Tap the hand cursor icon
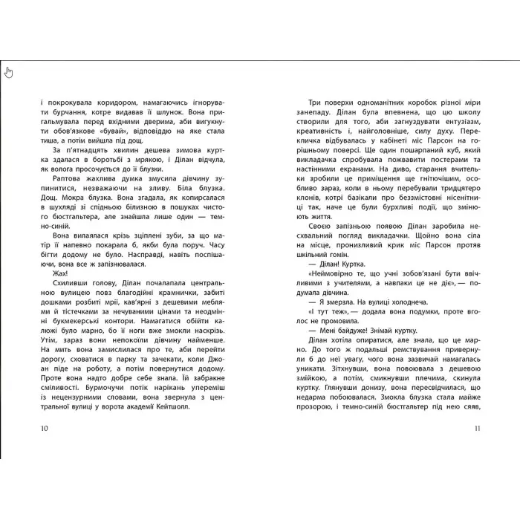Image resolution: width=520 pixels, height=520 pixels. pyautogui.click(x=9, y=72)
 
